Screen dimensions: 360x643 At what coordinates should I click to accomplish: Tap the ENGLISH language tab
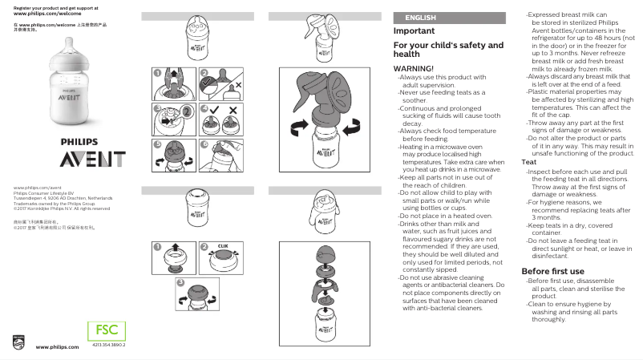(x=420, y=18)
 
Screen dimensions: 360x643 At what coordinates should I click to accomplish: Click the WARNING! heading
(x=414, y=69)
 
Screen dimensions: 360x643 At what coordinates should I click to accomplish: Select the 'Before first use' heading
(x=552, y=272)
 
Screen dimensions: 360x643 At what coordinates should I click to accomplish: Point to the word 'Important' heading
(x=415, y=31)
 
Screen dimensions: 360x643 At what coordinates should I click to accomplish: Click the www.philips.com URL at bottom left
(x=57, y=347)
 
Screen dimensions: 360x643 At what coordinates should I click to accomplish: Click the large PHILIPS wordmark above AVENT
(x=86, y=142)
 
